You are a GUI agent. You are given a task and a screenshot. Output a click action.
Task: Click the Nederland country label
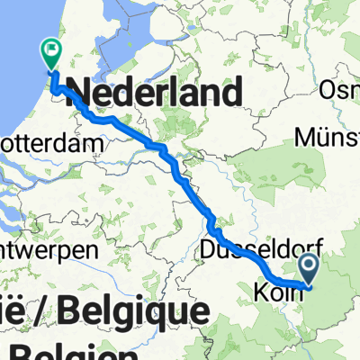pyautogui.click(x=154, y=92)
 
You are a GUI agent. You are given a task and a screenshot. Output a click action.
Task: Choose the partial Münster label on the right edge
pyautogui.click(x=328, y=137)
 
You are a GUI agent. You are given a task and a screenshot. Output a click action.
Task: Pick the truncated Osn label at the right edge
pyautogui.click(x=340, y=92)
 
